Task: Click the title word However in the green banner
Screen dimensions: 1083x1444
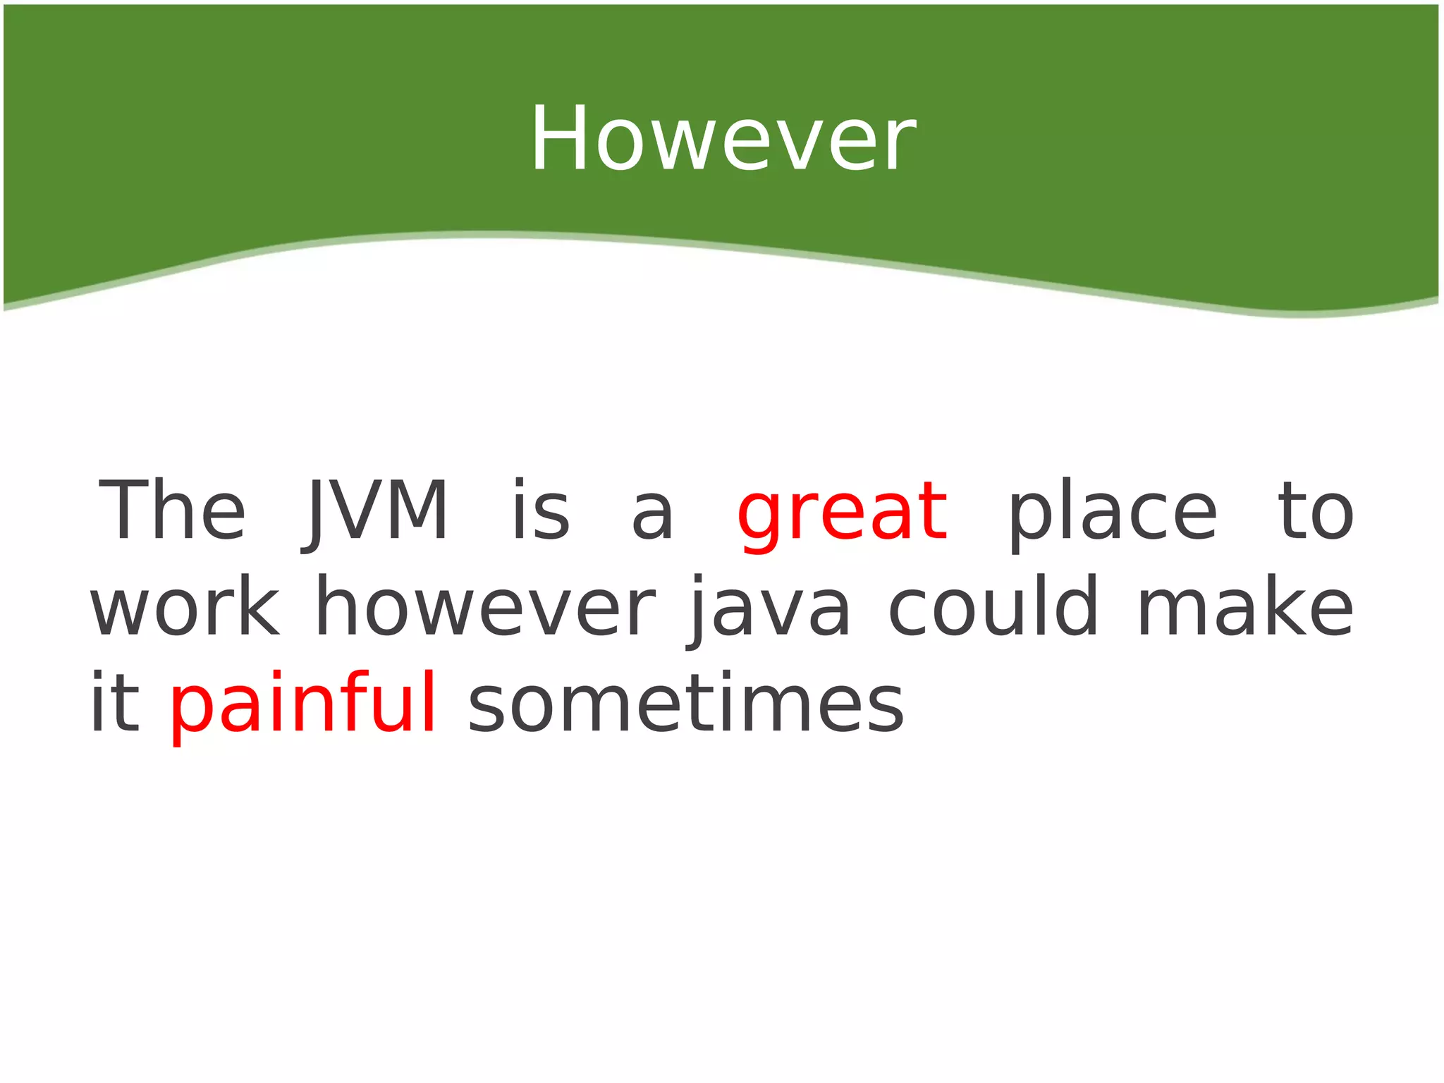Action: [x=722, y=139]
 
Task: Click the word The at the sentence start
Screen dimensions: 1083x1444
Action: [x=172, y=510]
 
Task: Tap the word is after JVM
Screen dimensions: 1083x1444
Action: [x=540, y=510]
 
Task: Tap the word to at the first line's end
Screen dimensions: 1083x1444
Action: [x=1316, y=512]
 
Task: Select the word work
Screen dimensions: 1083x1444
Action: [x=185, y=606]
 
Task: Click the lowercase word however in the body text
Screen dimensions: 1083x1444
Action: [x=485, y=606]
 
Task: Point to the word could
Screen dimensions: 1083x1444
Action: [x=993, y=606]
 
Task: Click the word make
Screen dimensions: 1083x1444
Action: [x=1245, y=606]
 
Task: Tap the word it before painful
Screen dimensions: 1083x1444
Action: [x=115, y=702]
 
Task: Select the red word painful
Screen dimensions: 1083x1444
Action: [x=303, y=704]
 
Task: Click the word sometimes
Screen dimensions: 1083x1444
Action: [x=685, y=704]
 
